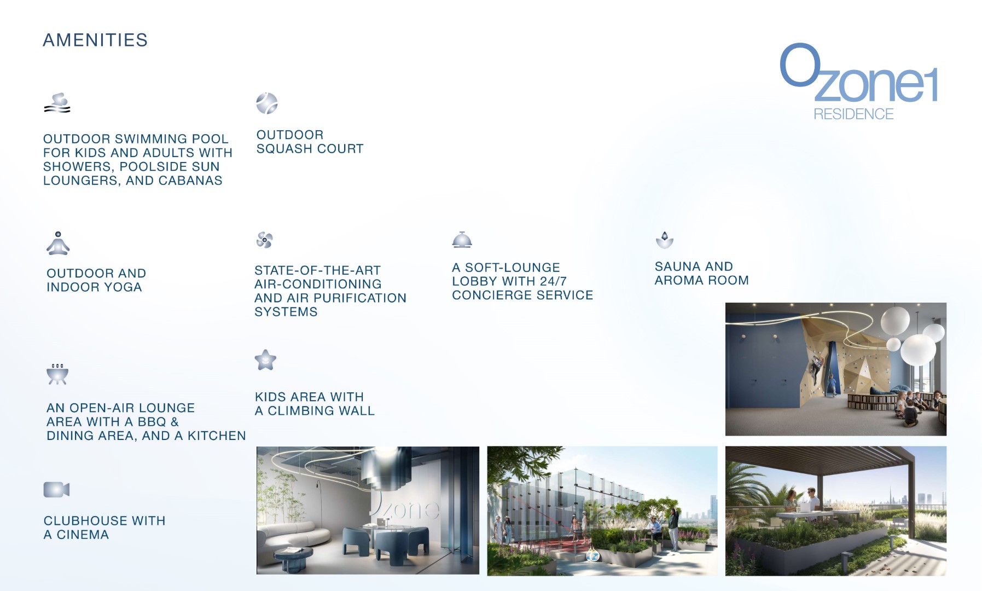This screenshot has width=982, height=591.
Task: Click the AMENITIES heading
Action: pyautogui.click(x=95, y=40)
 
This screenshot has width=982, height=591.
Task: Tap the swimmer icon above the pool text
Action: pyautogui.click(x=57, y=103)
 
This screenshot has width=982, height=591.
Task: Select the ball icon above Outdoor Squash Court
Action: pyautogui.click(x=267, y=103)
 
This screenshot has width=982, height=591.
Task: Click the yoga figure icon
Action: pyautogui.click(x=58, y=244)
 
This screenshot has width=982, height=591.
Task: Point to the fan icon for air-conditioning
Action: pyautogui.click(x=265, y=240)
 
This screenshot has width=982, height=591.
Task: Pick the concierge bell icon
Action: pyautogui.click(x=462, y=240)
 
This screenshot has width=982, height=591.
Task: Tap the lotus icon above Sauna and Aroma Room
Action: pyautogui.click(x=665, y=240)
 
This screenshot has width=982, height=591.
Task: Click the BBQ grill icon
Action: pyautogui.click(x=57, y=374)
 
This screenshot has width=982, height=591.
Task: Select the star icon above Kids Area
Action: pyautogui.click(x=265, y=360)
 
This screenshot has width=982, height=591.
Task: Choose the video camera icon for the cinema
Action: pyautogui.click(x=56, y=489)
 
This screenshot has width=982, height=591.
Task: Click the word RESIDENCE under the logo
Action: pyautogui.click(x=853, y=114)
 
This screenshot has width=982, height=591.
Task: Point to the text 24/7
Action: pyautogui.click(x=553, y=281)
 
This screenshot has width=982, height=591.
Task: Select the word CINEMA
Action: pyautogui.click(x=83, y=535)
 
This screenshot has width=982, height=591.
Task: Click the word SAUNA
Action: pyautogui.click(x=676, y=266)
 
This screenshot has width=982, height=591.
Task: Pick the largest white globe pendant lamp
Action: pyautogui.click(x=919, y=349)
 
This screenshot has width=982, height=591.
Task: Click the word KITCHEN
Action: pyautogui.click(x=217, y=436)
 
